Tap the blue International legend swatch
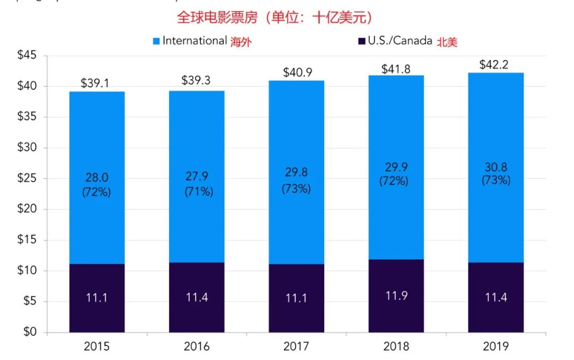(x=156, y=41)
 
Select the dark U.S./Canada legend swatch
(x=361, y=41)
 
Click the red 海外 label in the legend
(x=240, y=43)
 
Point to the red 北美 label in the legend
(x=446, y=43)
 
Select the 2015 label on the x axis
(x=97, y=347)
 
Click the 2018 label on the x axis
(x=396, y=347)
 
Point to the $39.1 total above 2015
(x=96, y=83)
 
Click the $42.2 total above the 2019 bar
(x=495, y=65)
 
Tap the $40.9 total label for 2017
(x=296, y=72)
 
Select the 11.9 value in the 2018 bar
(x=396, y=296)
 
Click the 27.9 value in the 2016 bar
(x=197, y=178)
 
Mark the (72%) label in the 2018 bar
(x=394, y=181)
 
